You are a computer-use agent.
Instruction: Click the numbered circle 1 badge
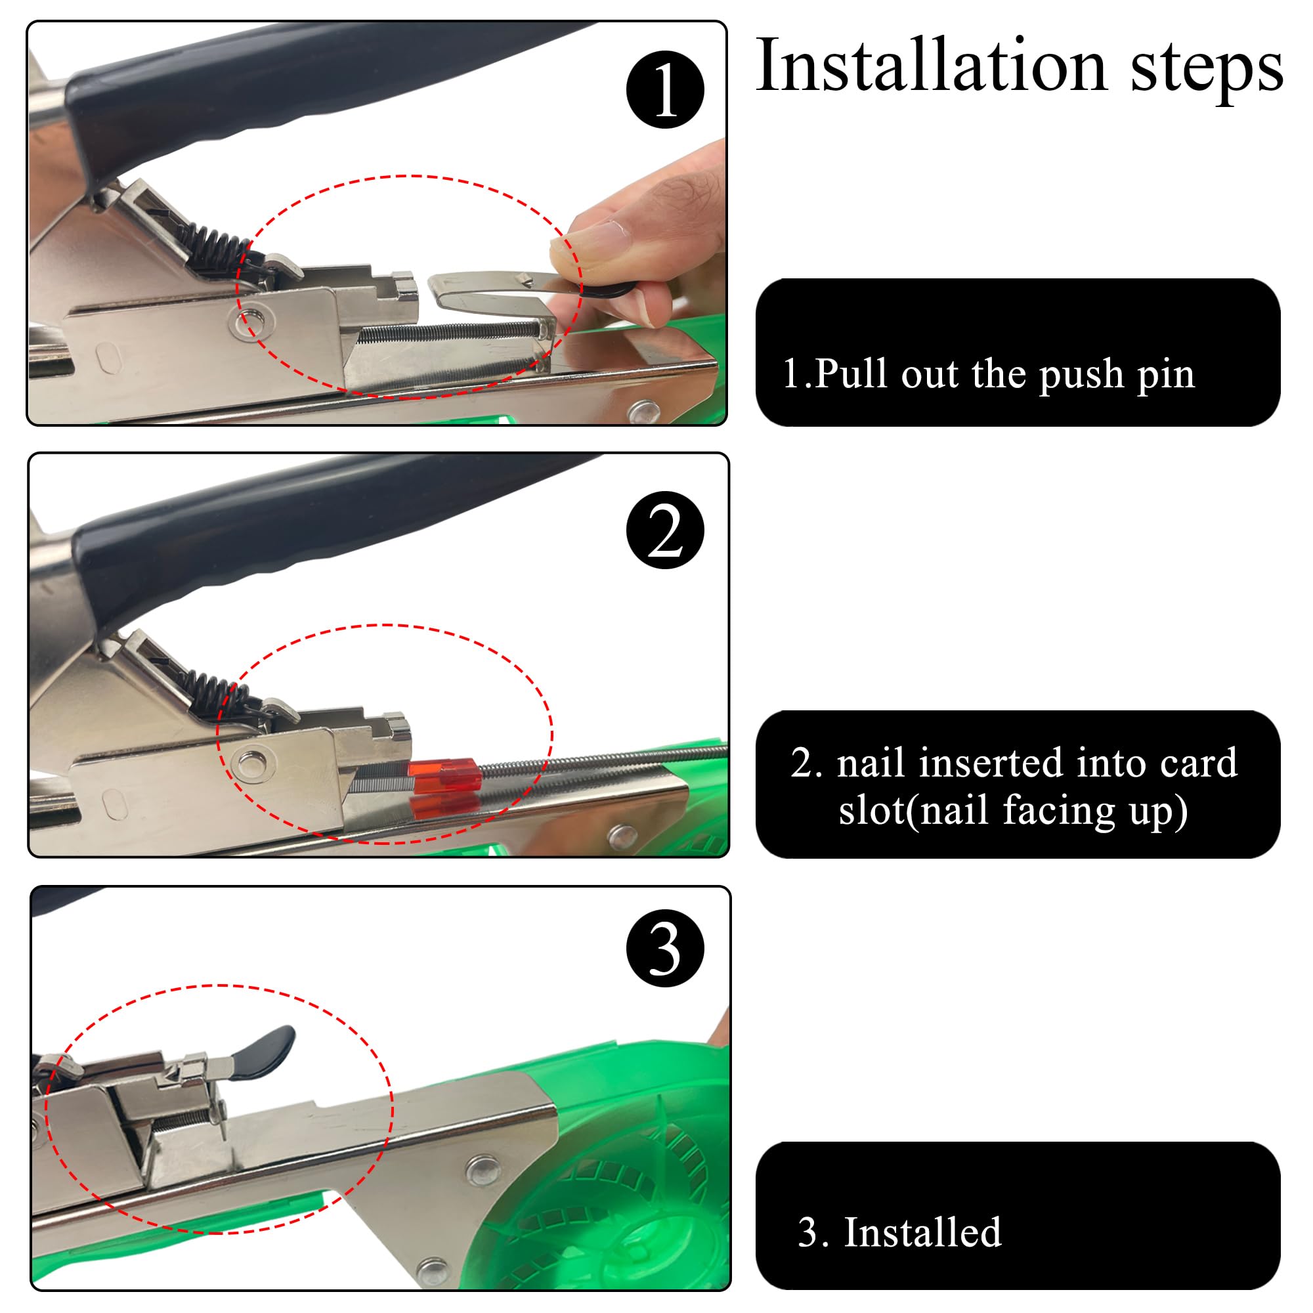click(664, 89)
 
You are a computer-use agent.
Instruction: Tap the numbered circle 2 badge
click(664, 530)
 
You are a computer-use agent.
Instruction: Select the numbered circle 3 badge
click(664, 948)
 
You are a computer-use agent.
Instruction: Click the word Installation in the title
click(931, 66)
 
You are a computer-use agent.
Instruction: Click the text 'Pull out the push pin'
click(1004, 374)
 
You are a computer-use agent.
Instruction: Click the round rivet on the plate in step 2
click(249, 764)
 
